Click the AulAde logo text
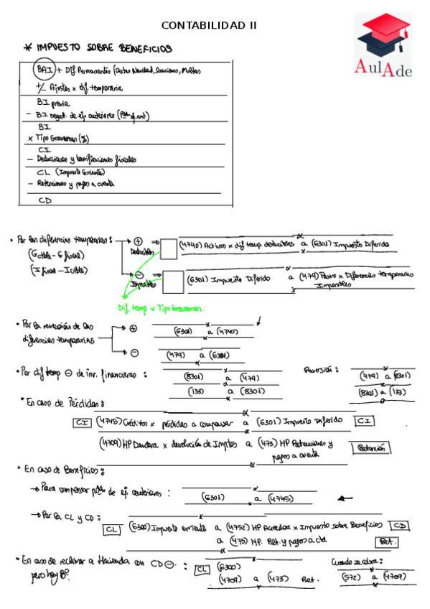[383, 67]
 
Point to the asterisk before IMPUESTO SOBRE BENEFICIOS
[28, 48]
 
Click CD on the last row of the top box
[45, 201]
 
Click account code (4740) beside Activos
[190, 246]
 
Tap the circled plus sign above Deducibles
[139, 241]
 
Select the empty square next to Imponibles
[172, 282]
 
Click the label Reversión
[321, 370]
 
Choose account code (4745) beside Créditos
[108, 421]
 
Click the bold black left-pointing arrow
[345, 498]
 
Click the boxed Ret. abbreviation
[387, 542]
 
